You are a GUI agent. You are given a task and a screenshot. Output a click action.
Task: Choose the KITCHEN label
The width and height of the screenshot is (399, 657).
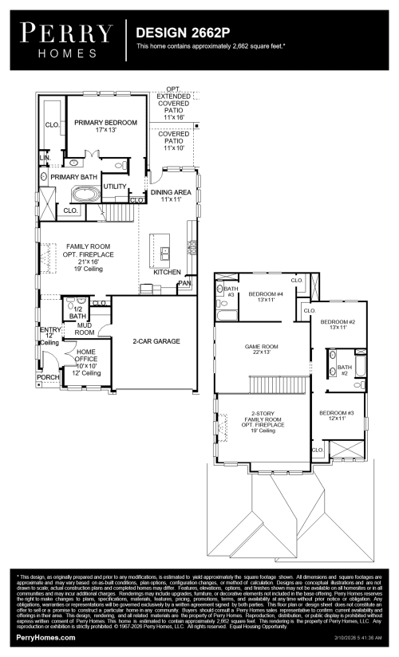(x=167, y=272)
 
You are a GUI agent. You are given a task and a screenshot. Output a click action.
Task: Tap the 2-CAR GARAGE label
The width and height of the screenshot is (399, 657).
(x=156, y=341)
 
